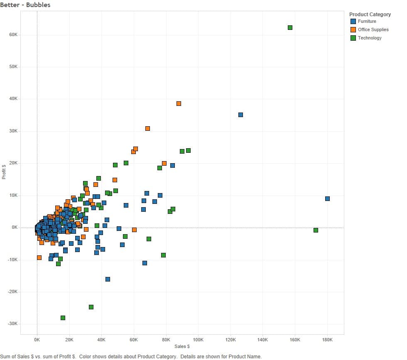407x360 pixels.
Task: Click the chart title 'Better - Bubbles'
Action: coord(25,5)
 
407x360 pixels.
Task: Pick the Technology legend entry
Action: coord(369,38)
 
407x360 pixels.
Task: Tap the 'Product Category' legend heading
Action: coord(370,14)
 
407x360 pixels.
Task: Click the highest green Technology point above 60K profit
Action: coord(290,27)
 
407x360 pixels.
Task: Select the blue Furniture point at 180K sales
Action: coord(327,198)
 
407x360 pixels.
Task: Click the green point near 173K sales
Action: coord(316,230)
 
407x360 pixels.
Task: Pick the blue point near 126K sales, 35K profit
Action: coord(240,115)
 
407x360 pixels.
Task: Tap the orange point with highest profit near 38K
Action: coord(179,103)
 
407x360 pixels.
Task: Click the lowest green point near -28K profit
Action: coord(63,318)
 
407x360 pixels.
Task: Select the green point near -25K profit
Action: coord(91,307)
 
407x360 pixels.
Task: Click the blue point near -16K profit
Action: coord(108,279)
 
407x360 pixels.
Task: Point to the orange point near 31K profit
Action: coord(147,128)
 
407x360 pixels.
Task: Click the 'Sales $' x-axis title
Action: coord(182,346)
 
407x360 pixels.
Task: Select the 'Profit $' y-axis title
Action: coord(4,171)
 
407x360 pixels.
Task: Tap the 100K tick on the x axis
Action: coord(198,339)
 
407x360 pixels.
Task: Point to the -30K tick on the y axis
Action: coord(12,324)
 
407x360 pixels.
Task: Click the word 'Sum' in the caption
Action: coord(6,356)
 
